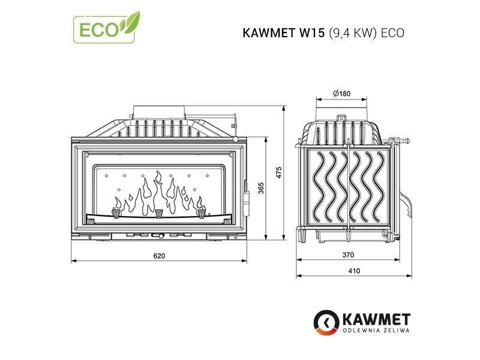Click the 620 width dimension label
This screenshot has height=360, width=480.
tap(159, 256)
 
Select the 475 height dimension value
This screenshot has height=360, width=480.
tap(278, 173)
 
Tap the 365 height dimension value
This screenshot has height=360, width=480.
tap(261, 188)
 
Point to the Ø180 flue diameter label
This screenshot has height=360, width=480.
tap(342, 94)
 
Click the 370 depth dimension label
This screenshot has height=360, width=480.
tap(349, 254)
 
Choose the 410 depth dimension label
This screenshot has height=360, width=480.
tap(354, 271)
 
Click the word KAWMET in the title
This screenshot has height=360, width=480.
tap(269, 33)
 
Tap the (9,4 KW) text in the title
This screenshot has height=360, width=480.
tap(352, 33)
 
